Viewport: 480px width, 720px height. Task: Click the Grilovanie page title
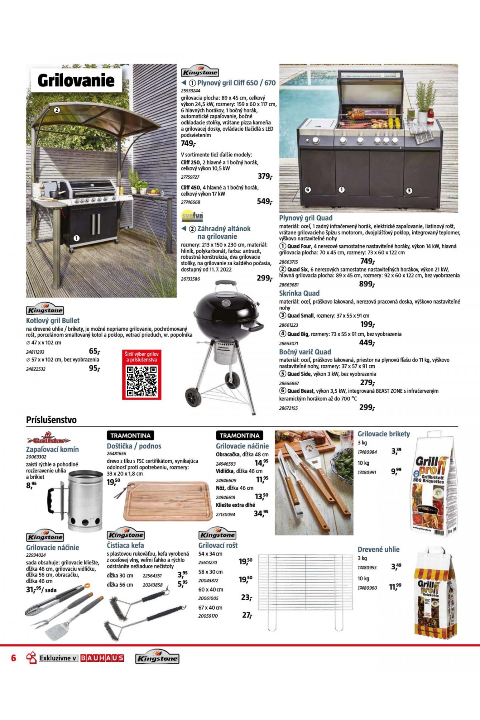(76, 80)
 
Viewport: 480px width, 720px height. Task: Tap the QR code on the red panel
(142, 381)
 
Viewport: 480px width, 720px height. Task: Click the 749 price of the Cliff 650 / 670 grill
(188, 144)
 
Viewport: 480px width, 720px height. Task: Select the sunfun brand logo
(192, 216)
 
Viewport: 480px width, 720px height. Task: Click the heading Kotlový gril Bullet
(53, 320)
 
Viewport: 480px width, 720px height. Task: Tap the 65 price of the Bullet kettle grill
(94, 351)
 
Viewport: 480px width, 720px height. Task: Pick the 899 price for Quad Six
(367, 284)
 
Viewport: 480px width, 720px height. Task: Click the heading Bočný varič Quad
(305, 352)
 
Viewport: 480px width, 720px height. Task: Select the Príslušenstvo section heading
(51, 420)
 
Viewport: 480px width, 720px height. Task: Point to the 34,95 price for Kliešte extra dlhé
(261, 513)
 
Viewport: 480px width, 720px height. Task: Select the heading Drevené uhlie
(378, 550)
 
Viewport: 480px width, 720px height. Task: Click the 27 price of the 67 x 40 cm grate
(247, 615)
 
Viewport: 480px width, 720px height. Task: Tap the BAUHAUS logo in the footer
(102, 658)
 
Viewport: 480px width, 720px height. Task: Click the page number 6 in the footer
(14, 658)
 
